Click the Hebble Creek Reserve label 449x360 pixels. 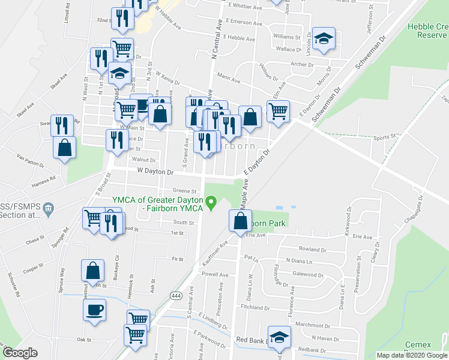click(427, 31)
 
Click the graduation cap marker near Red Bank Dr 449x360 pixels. click(279, 338)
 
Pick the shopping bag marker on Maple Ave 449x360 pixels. click(240, 221)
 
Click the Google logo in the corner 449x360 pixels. click(20, 353)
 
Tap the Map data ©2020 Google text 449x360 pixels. click(412, 355)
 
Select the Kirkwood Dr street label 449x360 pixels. click(348, 223)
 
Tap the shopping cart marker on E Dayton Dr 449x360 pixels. click(277, 112)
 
